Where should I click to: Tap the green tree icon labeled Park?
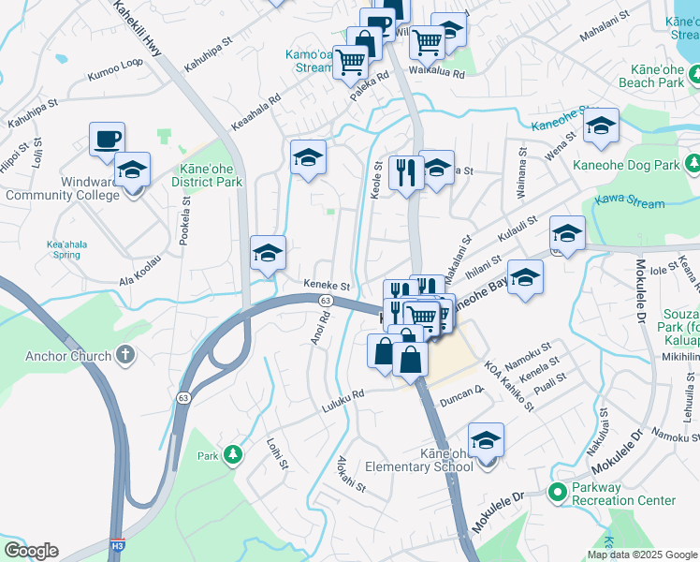click(x=232, y=455)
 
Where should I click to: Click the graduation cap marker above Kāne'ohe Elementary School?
click(x=486, y=439)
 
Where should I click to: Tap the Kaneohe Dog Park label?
click(x=640, y=165)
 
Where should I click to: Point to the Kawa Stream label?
click(x=635, y=203)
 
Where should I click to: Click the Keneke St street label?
click(x=326, y=286)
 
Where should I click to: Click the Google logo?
click(x=31, y=551)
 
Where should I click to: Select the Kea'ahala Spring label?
click(x=66, y=249)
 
